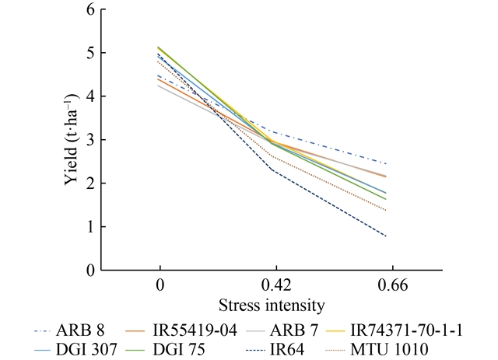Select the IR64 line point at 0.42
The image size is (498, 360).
coord(273,170)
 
